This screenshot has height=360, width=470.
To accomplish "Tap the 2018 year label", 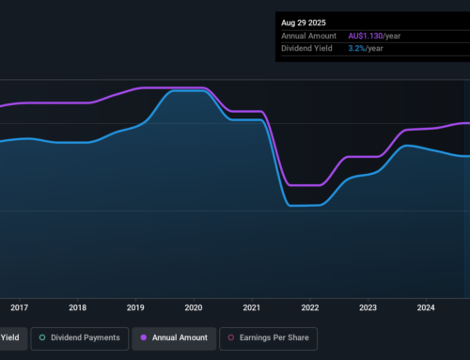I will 78,306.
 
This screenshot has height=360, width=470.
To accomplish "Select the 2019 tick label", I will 135,306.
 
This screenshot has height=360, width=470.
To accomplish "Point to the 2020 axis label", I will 194,306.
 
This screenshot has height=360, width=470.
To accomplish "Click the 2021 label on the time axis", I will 252,306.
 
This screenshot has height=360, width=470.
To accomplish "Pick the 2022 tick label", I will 310,306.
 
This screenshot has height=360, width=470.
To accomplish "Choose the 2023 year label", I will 368,306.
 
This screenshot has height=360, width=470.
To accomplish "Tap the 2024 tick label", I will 426,306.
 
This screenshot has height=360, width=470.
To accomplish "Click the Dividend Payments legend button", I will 79,337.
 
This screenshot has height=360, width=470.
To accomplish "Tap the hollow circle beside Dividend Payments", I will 42,337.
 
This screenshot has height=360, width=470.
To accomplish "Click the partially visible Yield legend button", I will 11,337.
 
